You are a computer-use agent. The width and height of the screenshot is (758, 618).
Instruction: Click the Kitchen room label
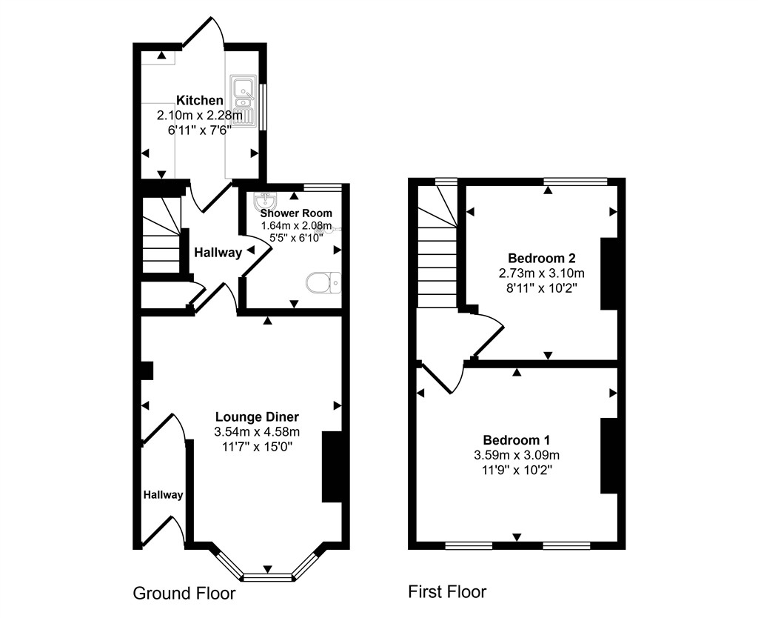199,101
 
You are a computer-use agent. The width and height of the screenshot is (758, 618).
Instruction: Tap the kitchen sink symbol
243,99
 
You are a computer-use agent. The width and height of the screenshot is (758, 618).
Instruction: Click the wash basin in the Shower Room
264,202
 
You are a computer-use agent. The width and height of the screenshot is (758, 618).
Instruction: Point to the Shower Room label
296,213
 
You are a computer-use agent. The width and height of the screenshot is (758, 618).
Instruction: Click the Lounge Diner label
257,416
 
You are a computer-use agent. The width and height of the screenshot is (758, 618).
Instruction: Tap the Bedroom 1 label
516,439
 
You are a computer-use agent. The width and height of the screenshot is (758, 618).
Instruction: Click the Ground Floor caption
184,594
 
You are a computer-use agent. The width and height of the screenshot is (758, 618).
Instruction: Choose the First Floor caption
447,592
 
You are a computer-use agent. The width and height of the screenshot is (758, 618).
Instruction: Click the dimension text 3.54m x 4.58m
257,432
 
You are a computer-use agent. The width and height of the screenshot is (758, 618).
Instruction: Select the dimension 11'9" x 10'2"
516,469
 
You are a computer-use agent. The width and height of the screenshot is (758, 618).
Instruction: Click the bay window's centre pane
267,574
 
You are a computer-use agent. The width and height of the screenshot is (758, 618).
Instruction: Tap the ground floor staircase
161,235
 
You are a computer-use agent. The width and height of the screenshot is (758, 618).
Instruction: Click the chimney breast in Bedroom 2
608,273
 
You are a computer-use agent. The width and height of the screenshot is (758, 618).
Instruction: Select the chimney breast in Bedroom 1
608,456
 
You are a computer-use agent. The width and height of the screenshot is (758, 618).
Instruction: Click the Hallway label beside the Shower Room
218,253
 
